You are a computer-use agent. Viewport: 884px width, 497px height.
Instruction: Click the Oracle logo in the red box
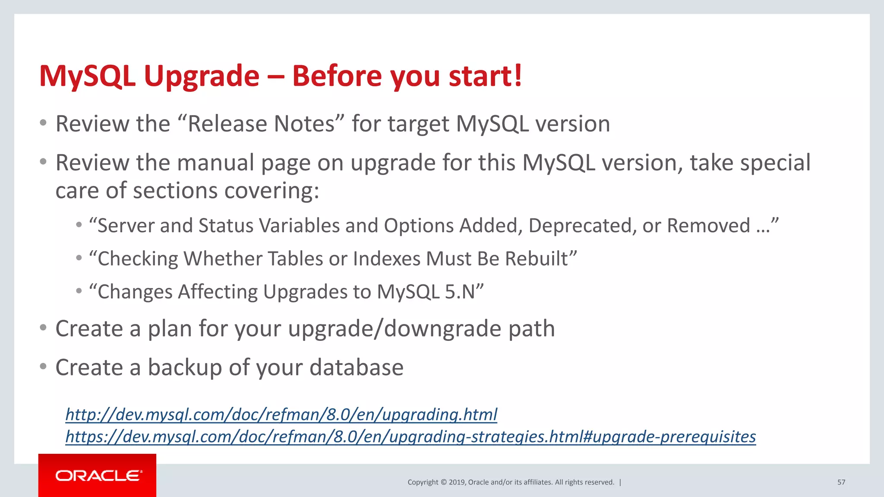[98, 475]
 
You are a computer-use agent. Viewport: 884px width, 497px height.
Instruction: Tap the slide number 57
[841, 482]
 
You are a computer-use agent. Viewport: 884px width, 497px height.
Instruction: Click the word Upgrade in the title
[202, 77]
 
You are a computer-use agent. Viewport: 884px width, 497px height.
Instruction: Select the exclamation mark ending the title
[518, 76]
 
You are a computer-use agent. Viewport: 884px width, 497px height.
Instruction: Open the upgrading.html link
[281, 415]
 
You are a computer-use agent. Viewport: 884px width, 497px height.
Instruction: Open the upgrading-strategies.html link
[410, 437]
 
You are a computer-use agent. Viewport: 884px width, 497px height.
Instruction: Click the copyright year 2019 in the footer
[457, 482]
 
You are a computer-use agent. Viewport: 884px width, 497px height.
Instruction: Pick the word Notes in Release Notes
[304, 124]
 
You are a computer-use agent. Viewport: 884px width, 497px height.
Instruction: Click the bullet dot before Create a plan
[43, 328]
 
